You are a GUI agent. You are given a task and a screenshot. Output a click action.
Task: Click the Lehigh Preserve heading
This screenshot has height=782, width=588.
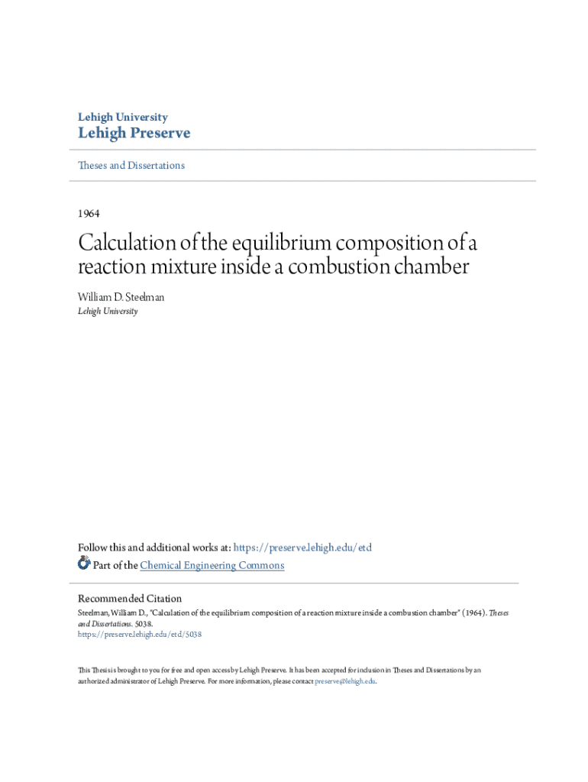pyautogui.click(x=134, y=134)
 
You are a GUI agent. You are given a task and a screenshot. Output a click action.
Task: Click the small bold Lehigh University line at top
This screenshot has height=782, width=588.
pyautogui.click(x=123, y=117)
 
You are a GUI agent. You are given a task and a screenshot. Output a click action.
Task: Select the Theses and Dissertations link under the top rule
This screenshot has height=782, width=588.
pyautogui.click(x=131, y=165)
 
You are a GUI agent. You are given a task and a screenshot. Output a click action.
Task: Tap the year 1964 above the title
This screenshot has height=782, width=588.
pyautogui.click(x=89, y=213)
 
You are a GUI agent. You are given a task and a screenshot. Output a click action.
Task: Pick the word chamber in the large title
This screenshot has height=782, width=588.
pyautogui.click(x=432, y=268)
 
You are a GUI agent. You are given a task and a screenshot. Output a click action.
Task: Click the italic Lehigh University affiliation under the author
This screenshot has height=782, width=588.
pyautogui.click(x=108, y=311)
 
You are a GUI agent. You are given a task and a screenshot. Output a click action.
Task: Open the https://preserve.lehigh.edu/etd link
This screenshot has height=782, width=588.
pyautogui.click(x=302, y=548)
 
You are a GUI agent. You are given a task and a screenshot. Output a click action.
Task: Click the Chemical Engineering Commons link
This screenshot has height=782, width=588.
pyautogui.click(x=212, y=565)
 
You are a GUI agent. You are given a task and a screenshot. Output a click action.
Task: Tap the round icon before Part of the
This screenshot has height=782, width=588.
pyautogui.click(x=84, y=564)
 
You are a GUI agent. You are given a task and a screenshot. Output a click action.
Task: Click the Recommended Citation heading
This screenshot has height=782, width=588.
pyautogui.click(x=130, y=599)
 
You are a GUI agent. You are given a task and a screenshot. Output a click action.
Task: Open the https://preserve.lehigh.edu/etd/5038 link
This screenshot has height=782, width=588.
pyautogui.click(x=140, y=634)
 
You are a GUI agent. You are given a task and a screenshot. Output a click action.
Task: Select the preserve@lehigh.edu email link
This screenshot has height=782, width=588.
pyautogui.click(x=346, y=680)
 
